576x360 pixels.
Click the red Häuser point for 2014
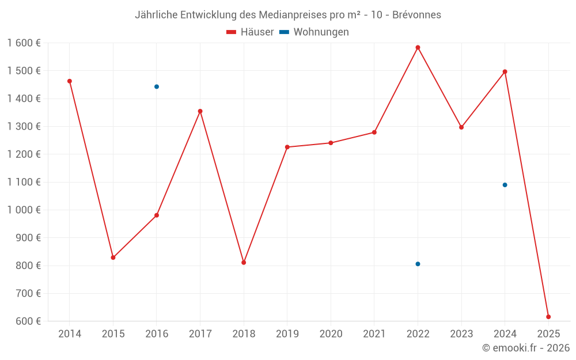coord(70,81)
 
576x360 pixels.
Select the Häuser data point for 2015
coord(113,257)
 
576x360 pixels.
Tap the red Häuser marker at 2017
coord(200,111)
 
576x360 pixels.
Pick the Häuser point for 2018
coord(244,263)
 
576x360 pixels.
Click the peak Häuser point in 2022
coord(418,47)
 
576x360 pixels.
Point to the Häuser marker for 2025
coord(548,317)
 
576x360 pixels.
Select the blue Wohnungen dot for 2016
coord(157,86)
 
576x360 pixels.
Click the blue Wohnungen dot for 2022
coord(418,264)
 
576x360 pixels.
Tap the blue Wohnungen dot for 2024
coord(505,185)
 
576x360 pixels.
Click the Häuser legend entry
coord(250,32)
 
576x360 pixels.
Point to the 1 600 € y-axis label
coord(24,43)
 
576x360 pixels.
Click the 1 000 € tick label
coord(24,210)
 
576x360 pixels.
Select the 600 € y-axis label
coord(27,321)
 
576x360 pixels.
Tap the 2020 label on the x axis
coord(331,334)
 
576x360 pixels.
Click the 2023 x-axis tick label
coord(461,334)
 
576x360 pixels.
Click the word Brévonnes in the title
coord(416,15)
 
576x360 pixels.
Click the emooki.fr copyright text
coord(526,348)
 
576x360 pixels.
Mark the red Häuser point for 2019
coord(287,147)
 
